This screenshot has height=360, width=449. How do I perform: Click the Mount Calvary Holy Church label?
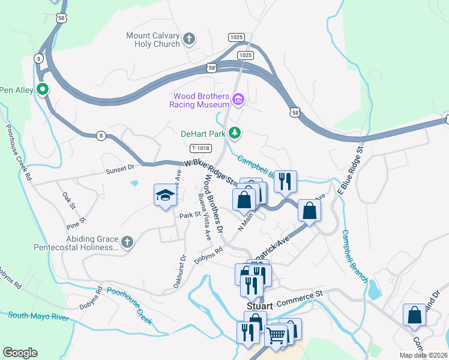tap(152, 40)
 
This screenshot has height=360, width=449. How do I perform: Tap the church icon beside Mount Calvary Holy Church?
tap(189, 40)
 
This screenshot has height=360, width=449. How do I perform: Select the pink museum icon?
tap(238, 99)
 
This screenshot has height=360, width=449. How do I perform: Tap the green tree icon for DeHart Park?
tap(237, 133)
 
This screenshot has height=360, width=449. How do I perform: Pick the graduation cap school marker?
tap(164, 195)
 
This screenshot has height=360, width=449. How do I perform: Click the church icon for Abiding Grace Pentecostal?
tap(126, 242)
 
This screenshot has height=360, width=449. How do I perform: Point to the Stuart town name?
tap(259, 305)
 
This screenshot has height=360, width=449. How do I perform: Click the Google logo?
tap(20, 353)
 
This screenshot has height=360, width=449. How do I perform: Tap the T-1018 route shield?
tap(201, 148)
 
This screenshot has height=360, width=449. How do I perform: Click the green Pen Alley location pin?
tap(43, 90)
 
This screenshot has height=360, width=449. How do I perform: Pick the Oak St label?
tap(69, 198)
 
